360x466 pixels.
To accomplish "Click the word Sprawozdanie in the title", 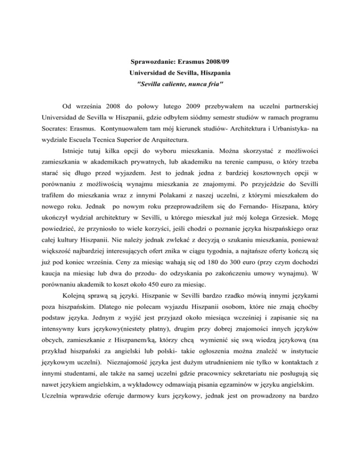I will [x=150, y=61].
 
